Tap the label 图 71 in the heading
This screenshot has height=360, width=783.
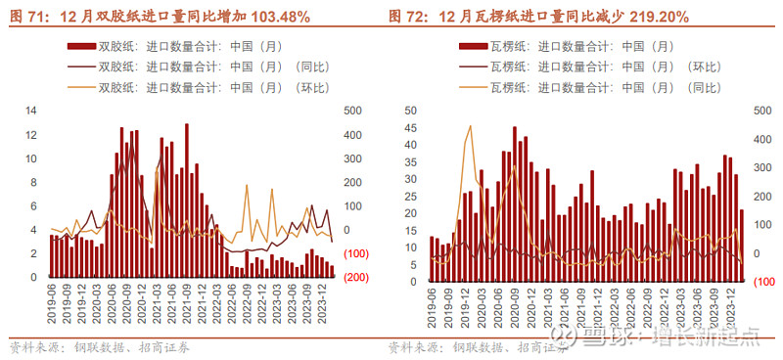click(26, 17)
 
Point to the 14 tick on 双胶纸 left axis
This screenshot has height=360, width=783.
click(30, 111)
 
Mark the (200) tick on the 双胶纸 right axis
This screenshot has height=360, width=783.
click(355, 277)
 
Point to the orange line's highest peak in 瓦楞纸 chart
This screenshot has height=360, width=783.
click(470, 126)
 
